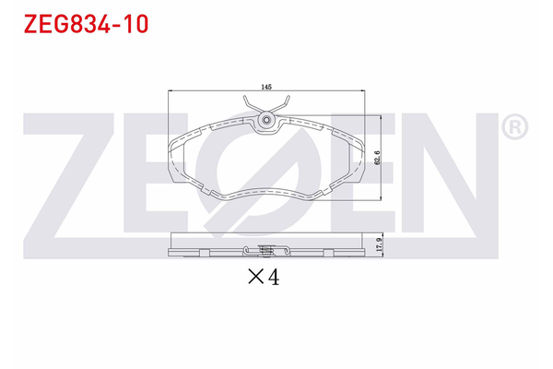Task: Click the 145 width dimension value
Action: tap(266, 86)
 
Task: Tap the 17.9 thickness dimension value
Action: tap(376, 244)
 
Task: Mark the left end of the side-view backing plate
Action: tap(171, 251)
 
